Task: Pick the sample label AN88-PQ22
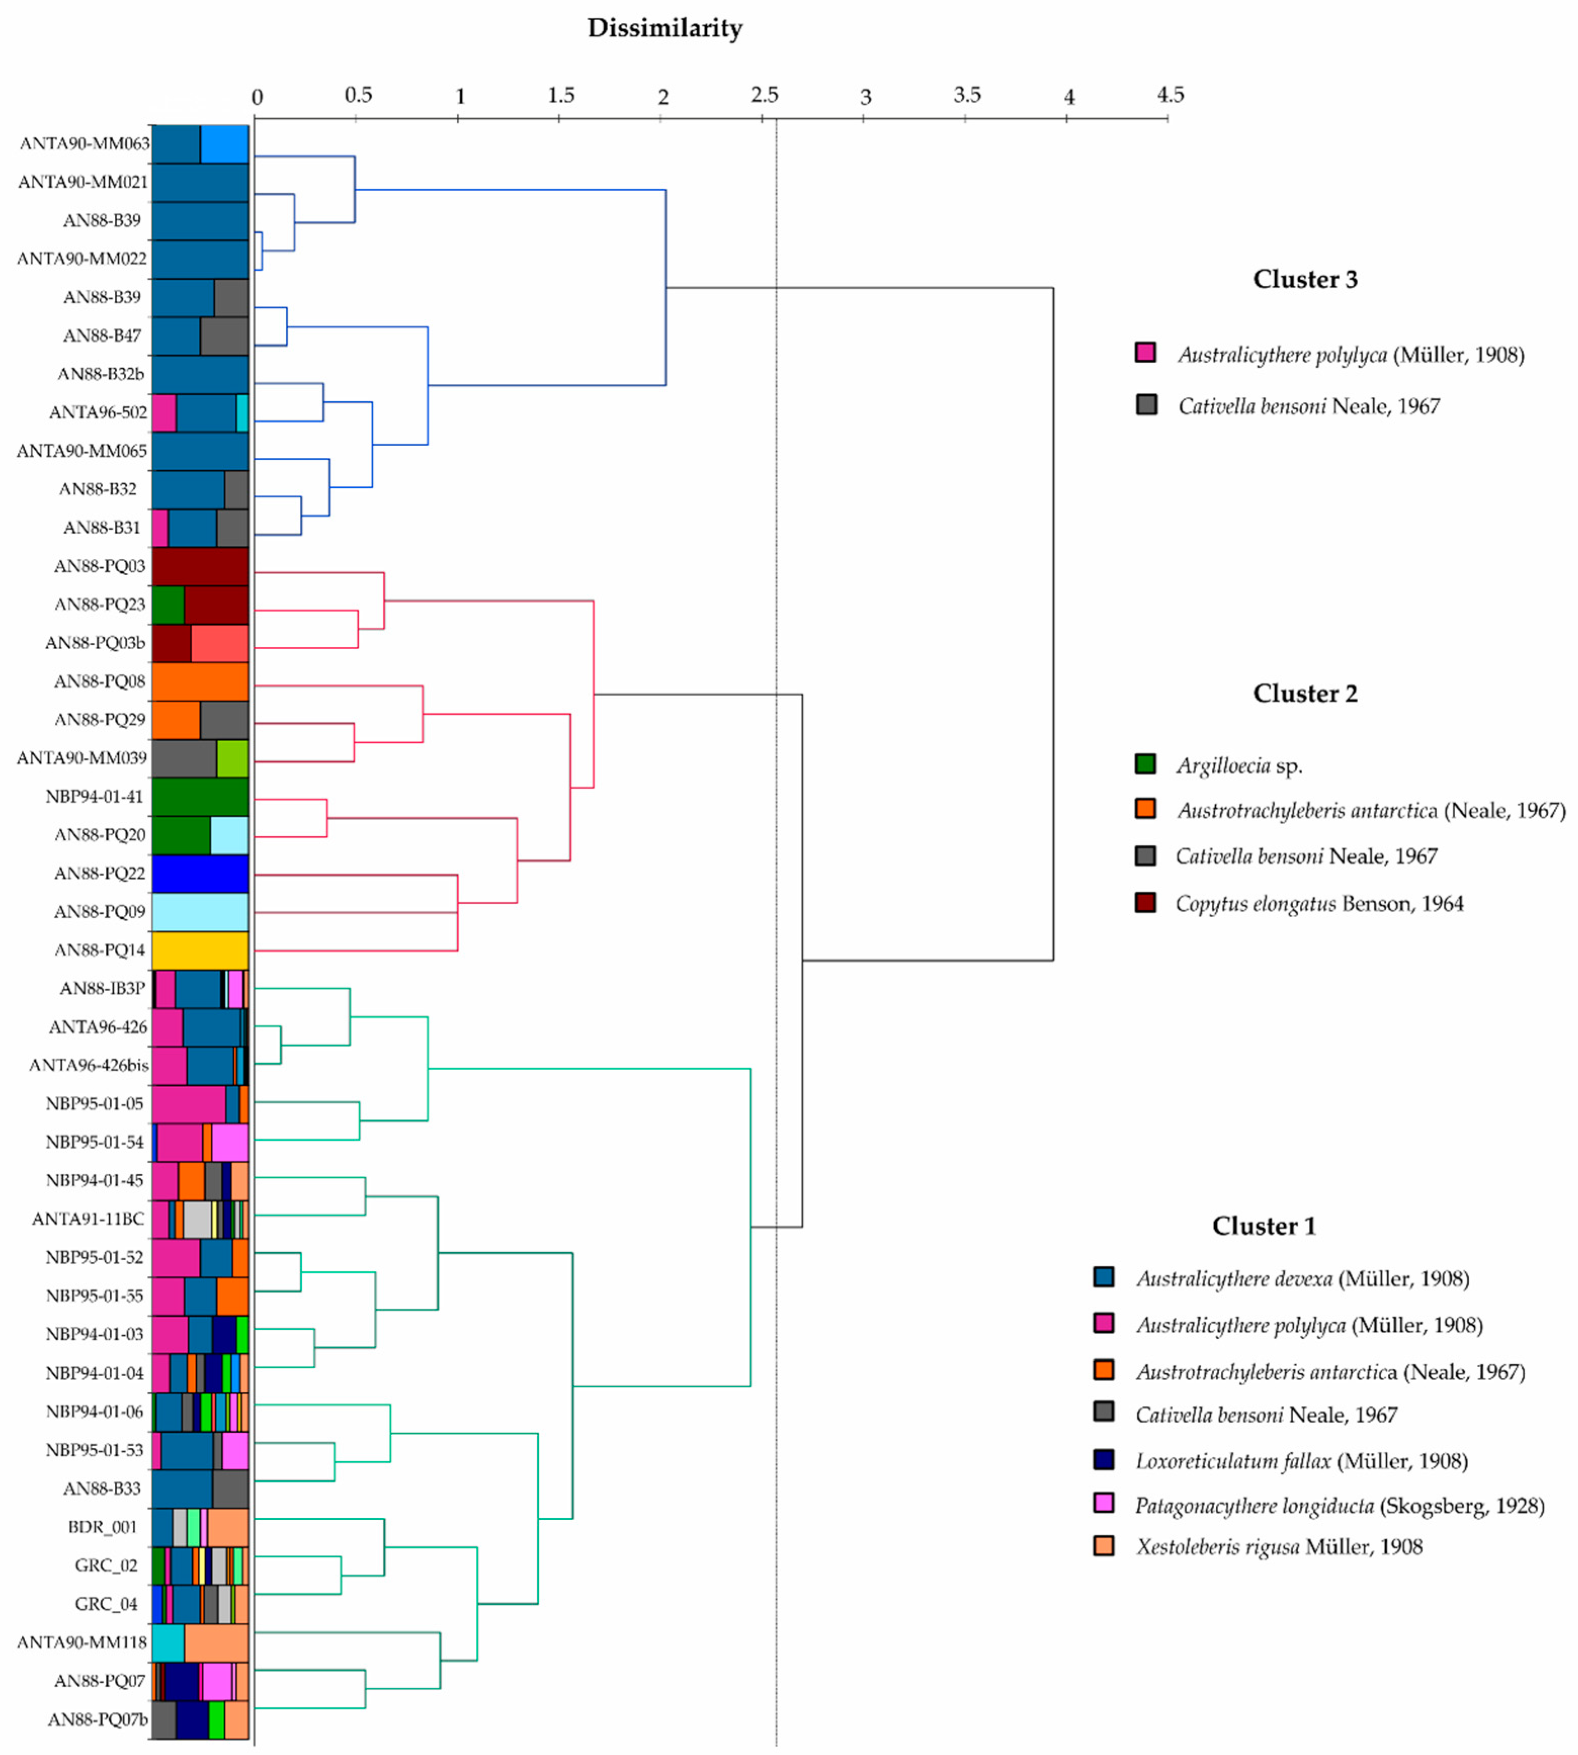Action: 100,873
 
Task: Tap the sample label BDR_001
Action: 102,1527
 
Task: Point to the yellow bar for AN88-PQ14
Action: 200,950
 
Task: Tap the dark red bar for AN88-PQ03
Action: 200,566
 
